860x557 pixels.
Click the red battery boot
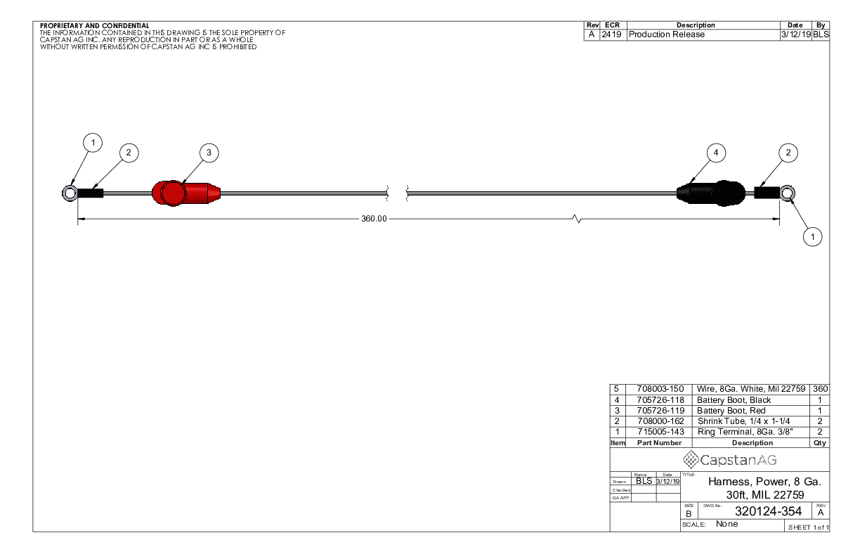[x=185, y=193]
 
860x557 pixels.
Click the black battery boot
[x=711, y=193]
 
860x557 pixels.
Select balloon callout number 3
[x=209, y=153]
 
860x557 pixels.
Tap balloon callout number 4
[x=716, y=153]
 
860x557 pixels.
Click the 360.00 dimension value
[x=374, y=219]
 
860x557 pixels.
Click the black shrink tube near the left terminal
[x=91, y=193]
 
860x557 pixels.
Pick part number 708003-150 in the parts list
[x=660, y=389]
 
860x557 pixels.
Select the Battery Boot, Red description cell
[x=731, y=411]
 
